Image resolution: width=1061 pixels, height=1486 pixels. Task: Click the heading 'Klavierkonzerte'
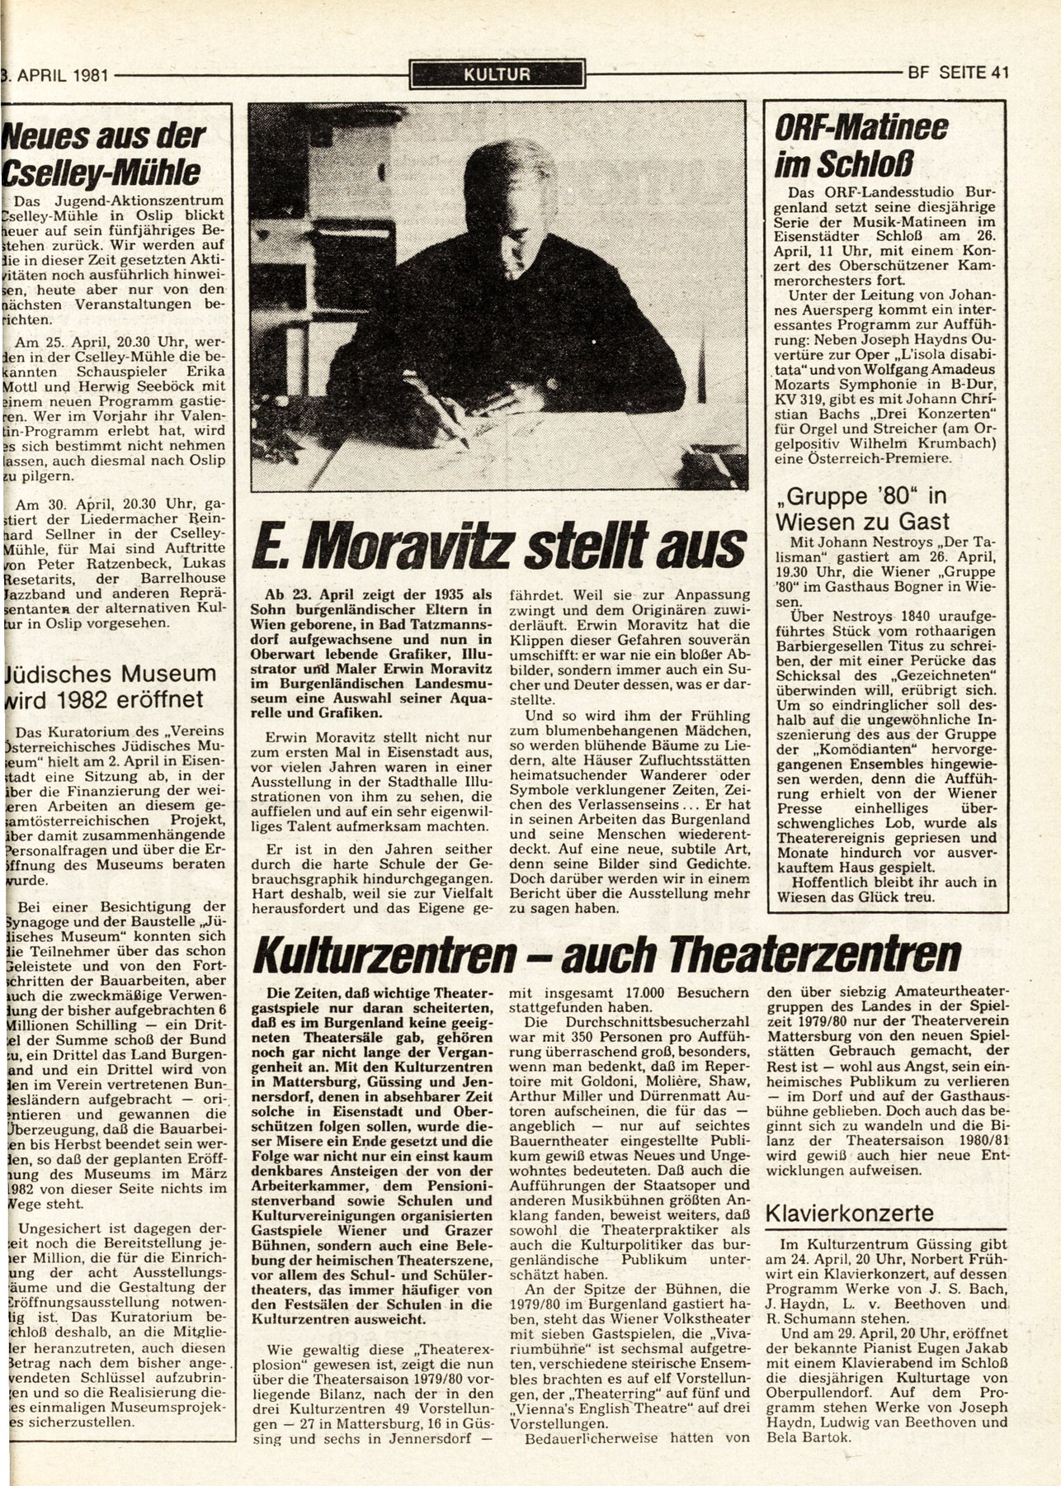coord(850,1213)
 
